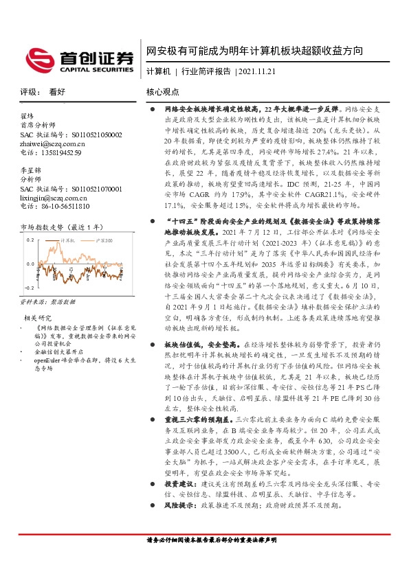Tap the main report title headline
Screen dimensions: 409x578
(254, 50)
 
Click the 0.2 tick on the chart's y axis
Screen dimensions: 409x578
(30, 241)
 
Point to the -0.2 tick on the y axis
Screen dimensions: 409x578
(29, 288)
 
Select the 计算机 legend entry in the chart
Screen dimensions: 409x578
(68, 241)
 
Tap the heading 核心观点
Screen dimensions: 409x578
(163, 91)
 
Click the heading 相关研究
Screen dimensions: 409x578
(38, 317)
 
